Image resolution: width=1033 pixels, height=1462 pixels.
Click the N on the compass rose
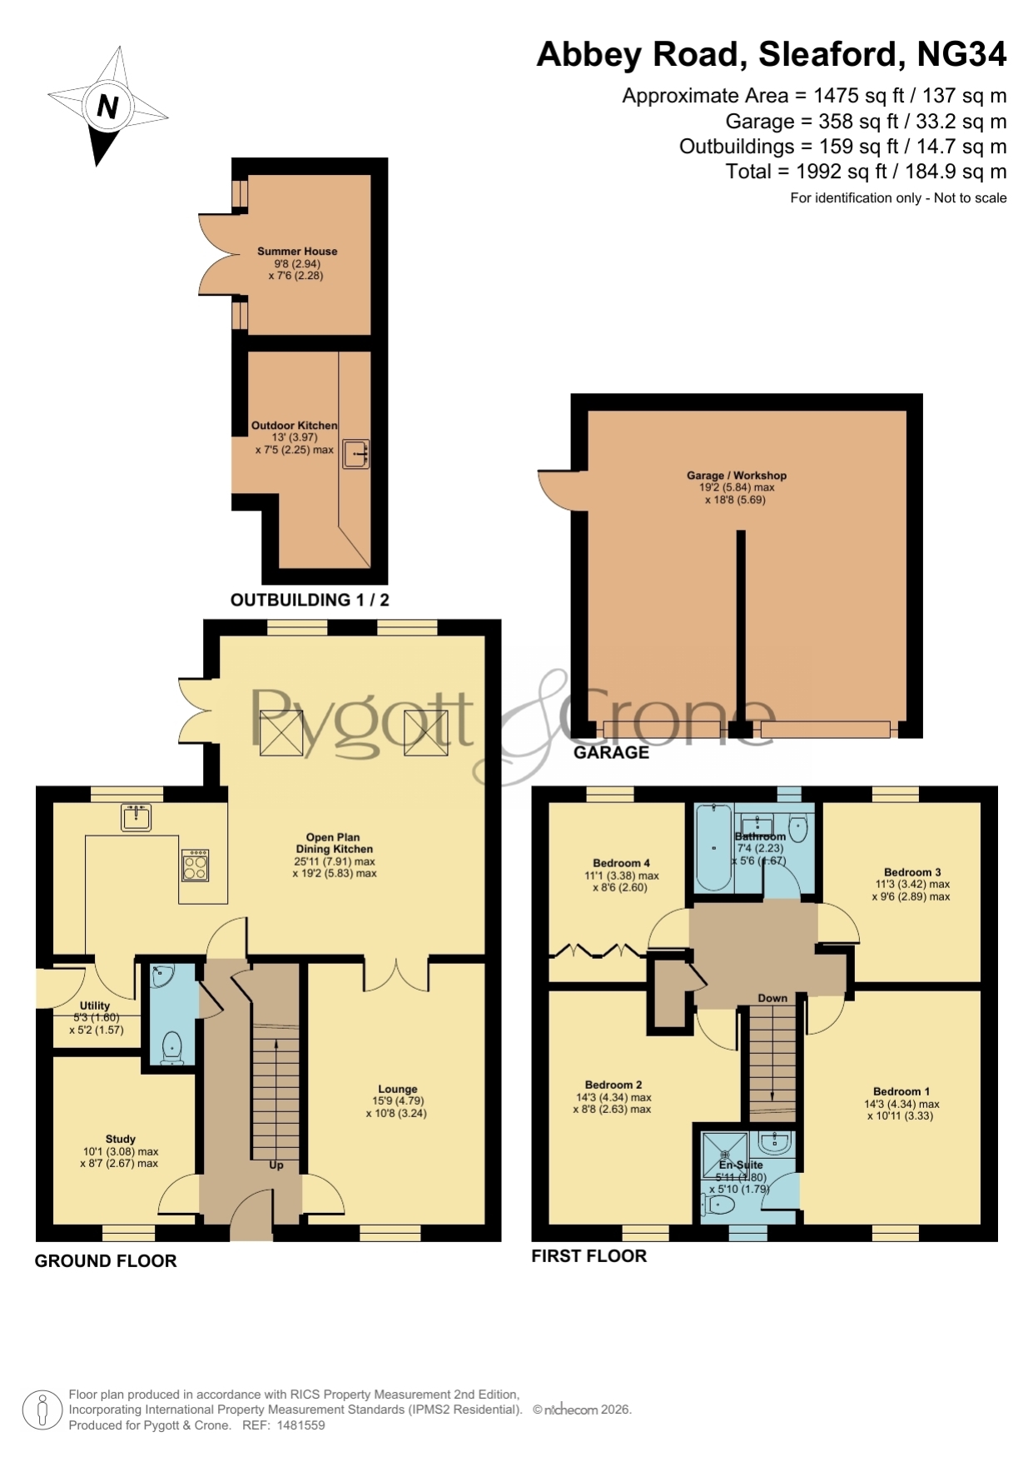click(107, 107)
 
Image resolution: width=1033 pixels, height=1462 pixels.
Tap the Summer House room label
click(297, 251)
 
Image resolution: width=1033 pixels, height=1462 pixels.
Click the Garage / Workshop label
click(737, 475)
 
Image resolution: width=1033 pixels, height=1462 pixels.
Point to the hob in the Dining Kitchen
click(196, 866)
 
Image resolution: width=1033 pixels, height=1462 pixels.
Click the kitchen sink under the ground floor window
click(136, 817)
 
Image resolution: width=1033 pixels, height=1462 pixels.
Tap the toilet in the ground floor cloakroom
click(172, 1046)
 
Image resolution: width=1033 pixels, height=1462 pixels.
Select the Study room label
click(121, 1139)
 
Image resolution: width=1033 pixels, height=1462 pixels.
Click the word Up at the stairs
click(276, 1165)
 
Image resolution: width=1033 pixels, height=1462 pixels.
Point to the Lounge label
click(398, 1089)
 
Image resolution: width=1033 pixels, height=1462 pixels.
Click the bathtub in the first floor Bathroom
click(714, 848)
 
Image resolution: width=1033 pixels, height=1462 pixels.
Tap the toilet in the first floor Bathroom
click(797, 829)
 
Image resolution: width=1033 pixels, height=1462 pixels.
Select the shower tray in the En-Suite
click(725, 1155)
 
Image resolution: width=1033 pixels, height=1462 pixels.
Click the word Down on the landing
click(772, 998)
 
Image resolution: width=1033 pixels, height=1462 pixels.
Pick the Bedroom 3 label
click(912, 872)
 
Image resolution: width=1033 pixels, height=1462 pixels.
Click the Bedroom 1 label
click(901, 1091)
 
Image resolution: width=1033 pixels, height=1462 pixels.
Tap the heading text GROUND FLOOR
click(106, 1261)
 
